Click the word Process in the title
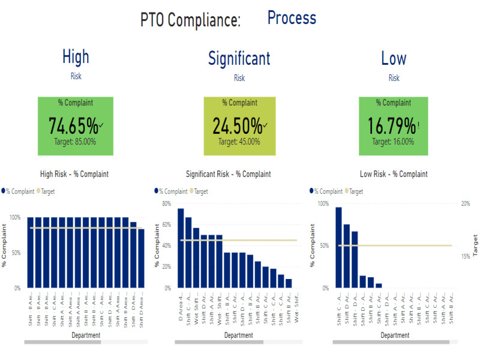(x=292, y=18)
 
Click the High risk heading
(x=76, y=57)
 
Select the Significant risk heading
(x=239, y=58)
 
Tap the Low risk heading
(x=394, y=58)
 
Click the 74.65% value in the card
(x=73, y=126)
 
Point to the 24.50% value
(x=237, y=126)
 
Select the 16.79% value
(x=391, y=126)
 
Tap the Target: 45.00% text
(x=239, y=142)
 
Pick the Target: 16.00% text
(x=393, y=142)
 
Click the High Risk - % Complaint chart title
(x=74, y=175)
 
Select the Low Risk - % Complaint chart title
(x=394, y=175)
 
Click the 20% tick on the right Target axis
(x=466, y=203)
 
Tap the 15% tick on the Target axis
(x=466, y=256)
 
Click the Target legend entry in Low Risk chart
(x=356, y=191)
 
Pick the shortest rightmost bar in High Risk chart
(x=141, y=258)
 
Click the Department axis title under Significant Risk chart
(x=239, y=335)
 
